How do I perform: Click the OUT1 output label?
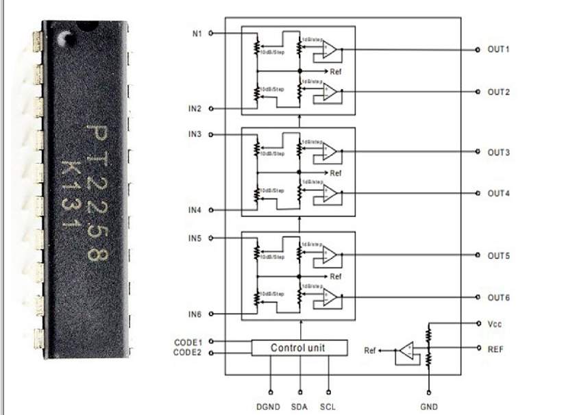coord(499,50)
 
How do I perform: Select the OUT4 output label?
coord(499,194)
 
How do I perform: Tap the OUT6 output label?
coord(499,298)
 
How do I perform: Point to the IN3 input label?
coord(195,134)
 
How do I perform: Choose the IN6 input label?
coord(195,314)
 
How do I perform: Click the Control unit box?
coord(299,348)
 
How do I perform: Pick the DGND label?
coord(269,407)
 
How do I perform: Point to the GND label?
coord(430,407)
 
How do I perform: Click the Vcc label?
coord(495,323)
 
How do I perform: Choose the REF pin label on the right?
coord(495,348)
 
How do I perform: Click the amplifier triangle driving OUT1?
coord(330,49)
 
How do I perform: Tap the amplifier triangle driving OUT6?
coord(330,297)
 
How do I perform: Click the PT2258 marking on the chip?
coord(97,192)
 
